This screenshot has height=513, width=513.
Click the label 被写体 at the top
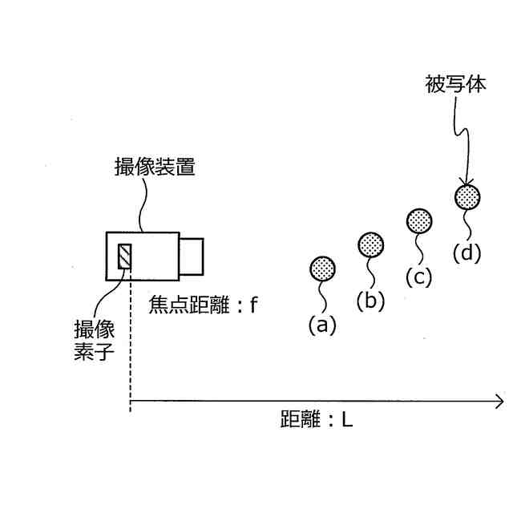click(455, 85)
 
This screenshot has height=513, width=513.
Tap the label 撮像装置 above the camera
click(156, 168)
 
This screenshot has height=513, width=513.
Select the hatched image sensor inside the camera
click(125, 256)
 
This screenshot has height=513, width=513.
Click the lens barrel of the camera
click(191, 256)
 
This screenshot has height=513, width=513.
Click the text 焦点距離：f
click(202, 305)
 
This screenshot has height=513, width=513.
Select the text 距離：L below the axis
click(316, 418)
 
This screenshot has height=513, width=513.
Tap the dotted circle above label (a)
click(322, 268)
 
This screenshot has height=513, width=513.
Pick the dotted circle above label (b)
click(370, 244)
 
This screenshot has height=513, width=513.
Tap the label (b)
click(370, 301)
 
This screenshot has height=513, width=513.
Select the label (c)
click(418, 277)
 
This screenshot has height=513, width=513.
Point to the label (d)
click(467, 252)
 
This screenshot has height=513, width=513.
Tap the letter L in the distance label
click(346, 418)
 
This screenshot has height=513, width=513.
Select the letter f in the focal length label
click(252, 305)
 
